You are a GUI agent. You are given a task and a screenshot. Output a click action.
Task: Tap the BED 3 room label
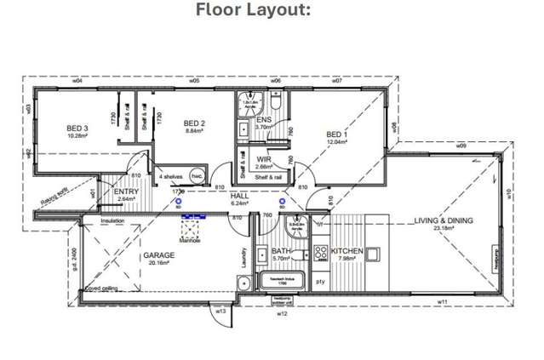(78, 129)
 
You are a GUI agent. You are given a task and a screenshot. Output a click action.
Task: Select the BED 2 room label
(196, 123)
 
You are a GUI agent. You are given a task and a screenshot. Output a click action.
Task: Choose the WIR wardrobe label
(264, 158)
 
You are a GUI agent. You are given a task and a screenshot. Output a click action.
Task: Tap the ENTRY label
(127, 192)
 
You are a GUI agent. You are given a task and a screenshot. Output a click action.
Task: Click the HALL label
(240, 196)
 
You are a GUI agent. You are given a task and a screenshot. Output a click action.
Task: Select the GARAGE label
(158, 254)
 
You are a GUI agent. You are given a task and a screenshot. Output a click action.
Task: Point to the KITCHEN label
(347, 251)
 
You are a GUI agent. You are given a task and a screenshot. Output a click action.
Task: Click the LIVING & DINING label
(443, 220)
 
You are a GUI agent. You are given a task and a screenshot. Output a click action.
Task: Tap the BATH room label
(282, 252)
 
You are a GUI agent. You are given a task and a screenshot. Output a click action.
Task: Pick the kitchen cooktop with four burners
(321, 253)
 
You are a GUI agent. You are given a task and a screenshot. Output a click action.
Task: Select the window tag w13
(220, 311)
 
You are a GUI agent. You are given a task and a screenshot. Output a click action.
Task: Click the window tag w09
(461, 146)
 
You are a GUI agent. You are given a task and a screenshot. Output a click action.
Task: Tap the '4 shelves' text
(172, 177)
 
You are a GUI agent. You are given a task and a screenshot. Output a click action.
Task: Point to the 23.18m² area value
(443, 228)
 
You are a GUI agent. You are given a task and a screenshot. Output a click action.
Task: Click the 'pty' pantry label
(321, 280)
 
